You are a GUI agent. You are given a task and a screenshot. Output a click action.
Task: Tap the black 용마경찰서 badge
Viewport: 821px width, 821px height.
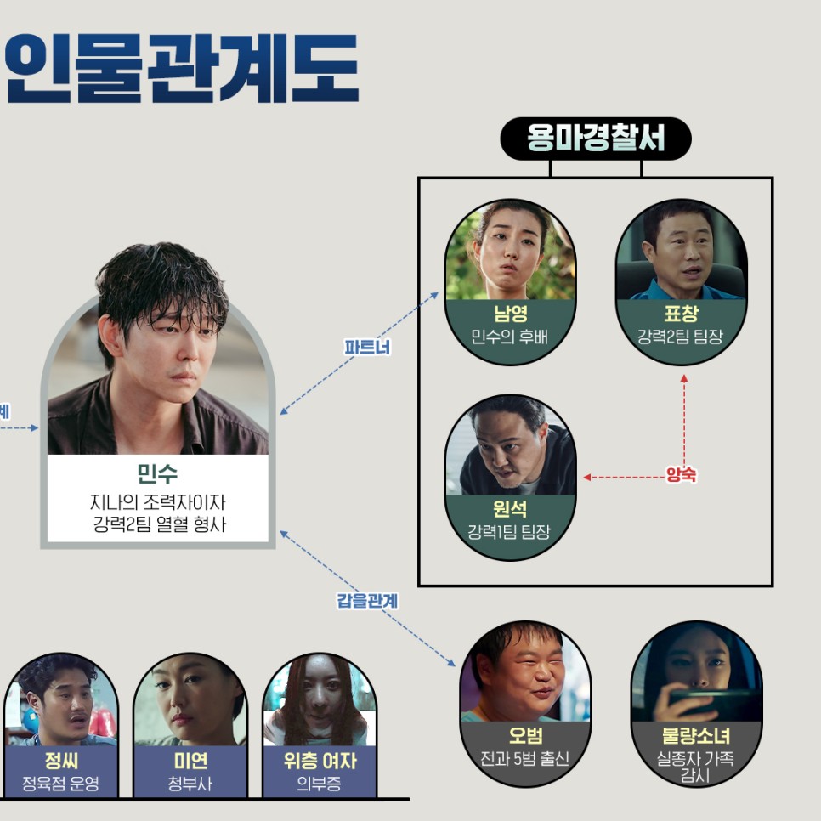[x=595, y=139]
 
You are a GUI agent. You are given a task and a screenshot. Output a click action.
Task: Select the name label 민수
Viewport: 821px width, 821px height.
[x=157, y=473]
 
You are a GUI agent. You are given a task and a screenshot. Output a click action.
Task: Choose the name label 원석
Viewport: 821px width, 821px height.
[x=510, y=509]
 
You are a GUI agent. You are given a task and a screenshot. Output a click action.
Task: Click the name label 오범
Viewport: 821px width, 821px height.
[x=524, y=735]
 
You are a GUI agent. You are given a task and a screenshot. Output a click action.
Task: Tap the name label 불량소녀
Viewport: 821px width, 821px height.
[x=696, y=735]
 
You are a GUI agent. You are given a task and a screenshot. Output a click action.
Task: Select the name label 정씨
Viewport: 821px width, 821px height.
[x=60, y=761]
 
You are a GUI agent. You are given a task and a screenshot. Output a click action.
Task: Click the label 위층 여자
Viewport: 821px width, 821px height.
[x=320, y=761]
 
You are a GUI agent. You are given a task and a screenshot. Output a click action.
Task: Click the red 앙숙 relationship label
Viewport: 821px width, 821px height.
[x=681, y=475]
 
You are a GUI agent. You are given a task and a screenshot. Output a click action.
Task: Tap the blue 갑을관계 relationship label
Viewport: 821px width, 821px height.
[x=367, y=601]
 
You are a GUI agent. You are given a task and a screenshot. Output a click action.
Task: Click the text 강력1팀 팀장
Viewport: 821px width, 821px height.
[x=510, y=533]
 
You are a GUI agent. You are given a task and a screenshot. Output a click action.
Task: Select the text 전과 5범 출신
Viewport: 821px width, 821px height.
[x=524, y=758]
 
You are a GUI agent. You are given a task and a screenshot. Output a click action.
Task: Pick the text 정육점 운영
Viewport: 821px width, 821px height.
[x=60, y=783]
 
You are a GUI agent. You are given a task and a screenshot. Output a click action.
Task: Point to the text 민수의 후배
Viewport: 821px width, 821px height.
[x=510, y=337]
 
